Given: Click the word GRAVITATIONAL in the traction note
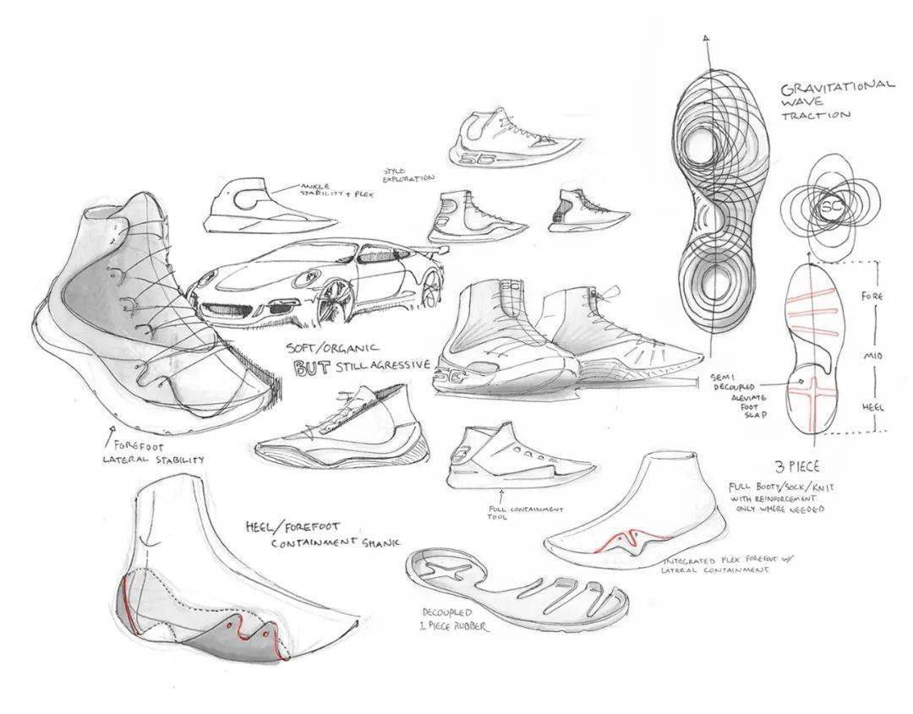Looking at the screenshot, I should pyautogui.click(x=837, y=87).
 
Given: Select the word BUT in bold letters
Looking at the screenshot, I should pyautogui.click(x=310, y=368).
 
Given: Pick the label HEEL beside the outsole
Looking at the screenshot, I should pyautogui.click(x=872, y=406).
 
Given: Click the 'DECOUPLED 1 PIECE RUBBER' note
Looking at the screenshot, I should pyautogui.click(x=454, y=619).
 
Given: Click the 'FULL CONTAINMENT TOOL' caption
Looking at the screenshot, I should pyautogui.click(x=513, y=512).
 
